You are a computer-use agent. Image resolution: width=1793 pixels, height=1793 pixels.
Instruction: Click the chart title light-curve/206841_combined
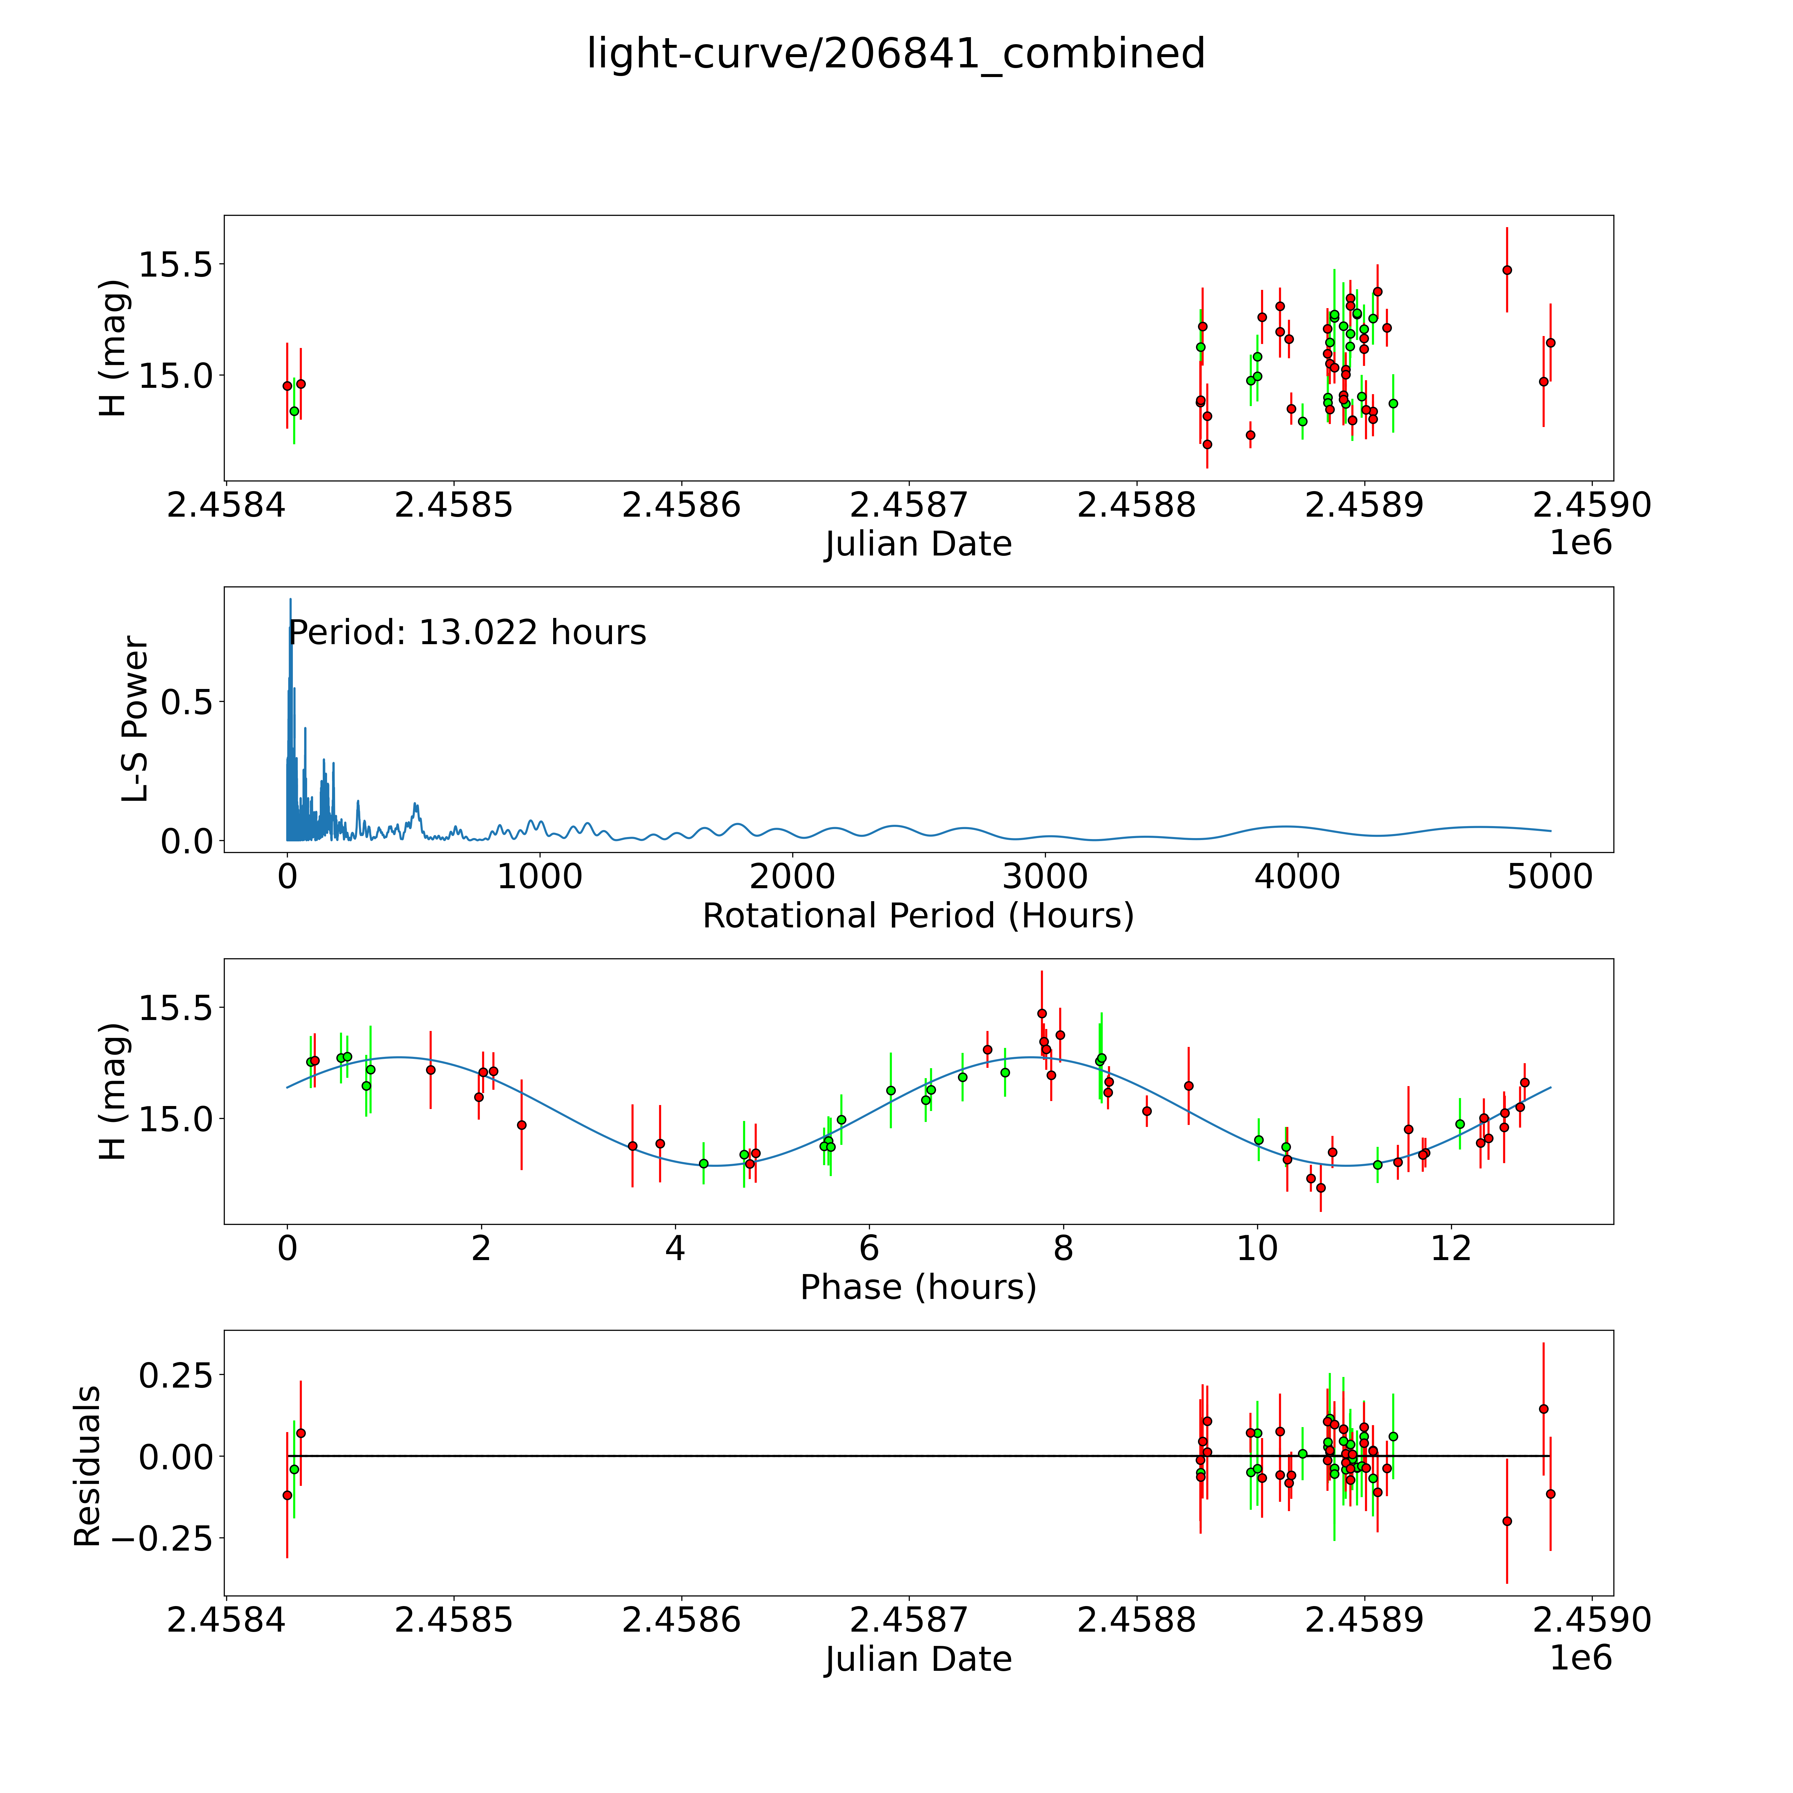pyautogui.click(x=896, y=54)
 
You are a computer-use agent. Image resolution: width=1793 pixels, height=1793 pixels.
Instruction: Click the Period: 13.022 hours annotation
pyautogui.click(x=467, y=633)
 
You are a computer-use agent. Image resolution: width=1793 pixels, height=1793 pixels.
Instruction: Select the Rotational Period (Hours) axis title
pyautogui.click(x=918, y=916)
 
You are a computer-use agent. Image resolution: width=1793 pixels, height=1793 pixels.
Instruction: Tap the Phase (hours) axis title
pyautogui.click(x=918, y=1287)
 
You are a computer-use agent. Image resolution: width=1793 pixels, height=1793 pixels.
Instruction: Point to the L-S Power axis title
pyautogui.click(x=135, y=719)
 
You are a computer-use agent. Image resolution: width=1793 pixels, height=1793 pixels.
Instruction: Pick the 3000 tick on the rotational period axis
pyautogui.click(x=1045, y=877)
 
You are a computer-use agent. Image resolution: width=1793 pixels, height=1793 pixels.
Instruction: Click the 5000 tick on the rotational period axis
pyautogui.click(x=1550, y=877)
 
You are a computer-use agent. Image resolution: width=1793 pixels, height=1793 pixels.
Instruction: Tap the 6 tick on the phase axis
pyautogui.click(x=869, y=1248)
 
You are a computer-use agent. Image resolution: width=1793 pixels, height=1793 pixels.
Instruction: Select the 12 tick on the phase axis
pyautogui.click(x=1451, y=1248)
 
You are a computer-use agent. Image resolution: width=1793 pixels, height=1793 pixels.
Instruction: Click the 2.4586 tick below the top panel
pyautogui.click(x=681, y=506)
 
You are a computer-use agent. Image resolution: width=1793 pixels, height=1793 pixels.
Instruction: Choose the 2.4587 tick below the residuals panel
pyautogui.click(x=908, y=1620)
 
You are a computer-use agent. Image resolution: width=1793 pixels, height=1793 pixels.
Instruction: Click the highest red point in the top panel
pyautogui.click(x=1507, y=270)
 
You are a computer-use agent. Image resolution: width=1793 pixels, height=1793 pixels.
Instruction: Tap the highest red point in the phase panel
pyautogui.click(x=1041, y=1013)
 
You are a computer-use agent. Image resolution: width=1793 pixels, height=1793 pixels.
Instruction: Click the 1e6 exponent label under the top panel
pyautogui.click(x=1580, y=543)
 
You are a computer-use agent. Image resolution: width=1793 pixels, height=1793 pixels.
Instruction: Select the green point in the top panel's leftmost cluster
pyautogui.click(x=294, y=411)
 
